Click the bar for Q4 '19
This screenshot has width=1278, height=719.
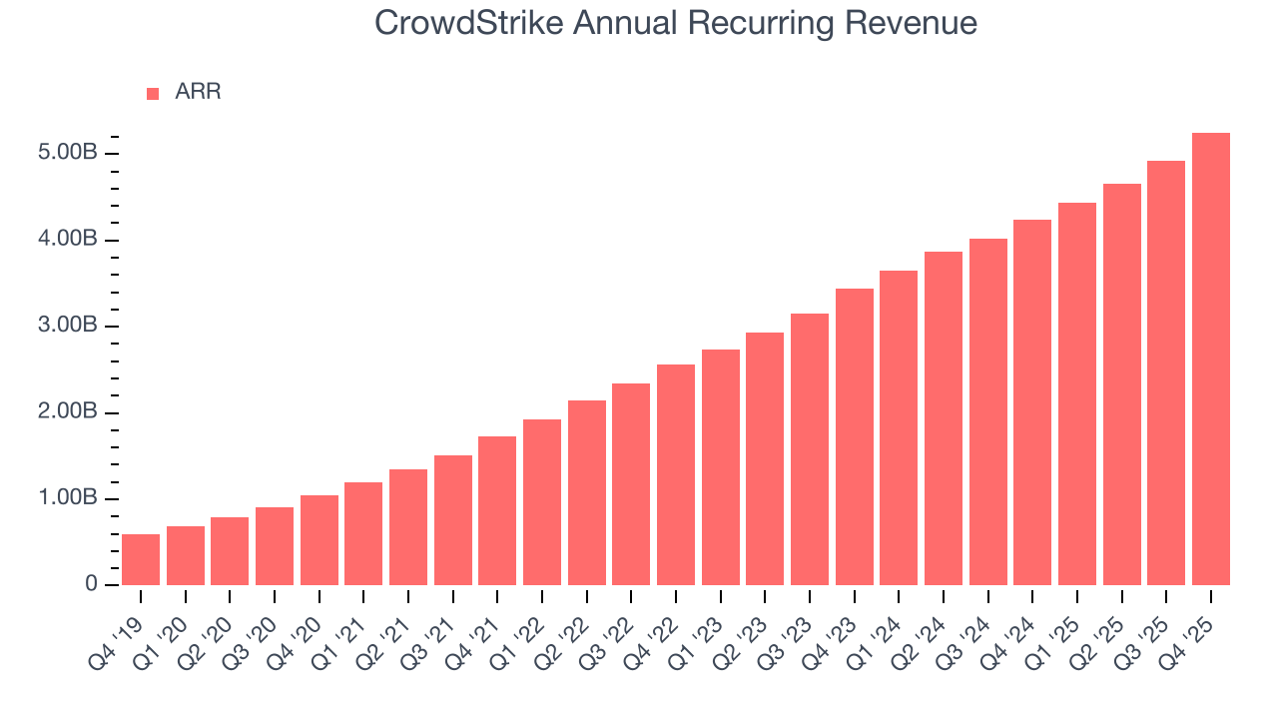pyautogui.click(x=141, y=559)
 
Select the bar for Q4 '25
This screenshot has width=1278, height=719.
pyautogui.click(x=1210, y=359)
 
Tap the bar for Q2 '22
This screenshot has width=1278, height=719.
pyautogui.click(x=586, y=492)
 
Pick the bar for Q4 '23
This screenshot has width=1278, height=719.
pyautogui.click(x=854, y=436)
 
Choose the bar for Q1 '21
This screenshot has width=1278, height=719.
pyautogui.click(x=363, y=533)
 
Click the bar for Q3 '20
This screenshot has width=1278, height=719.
pyautogui.click(x=275, y=546)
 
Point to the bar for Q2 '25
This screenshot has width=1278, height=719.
pyautogui.click(x=1121, y=384)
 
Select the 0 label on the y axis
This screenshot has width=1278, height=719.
pyautogui.click(x=90, y=585)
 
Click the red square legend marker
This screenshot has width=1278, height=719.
pyautogui.click(x=153, y=93)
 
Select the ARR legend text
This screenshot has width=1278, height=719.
pyautogui.click(x=198, y=92)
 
